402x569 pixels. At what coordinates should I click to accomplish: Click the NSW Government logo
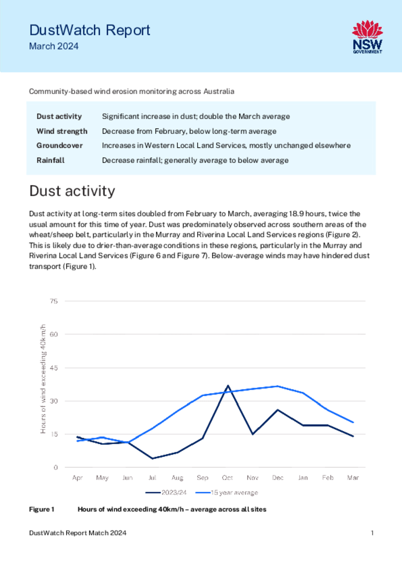[x=368, y=37]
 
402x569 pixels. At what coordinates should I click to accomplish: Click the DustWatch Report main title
[x=89, y=30]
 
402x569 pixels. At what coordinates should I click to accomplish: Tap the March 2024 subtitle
[x=54, y=46]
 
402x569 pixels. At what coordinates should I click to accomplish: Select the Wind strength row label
[x=62, y=131]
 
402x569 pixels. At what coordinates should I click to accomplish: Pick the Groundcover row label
[x=59, y=146]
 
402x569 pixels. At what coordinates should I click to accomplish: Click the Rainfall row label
[x=51, y=161]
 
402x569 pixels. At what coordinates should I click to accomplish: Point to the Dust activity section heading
[x=72, y=191]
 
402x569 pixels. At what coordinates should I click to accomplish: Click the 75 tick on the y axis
[x=54, y=301]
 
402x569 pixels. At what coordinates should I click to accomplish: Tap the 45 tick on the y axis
[x=54, y=368]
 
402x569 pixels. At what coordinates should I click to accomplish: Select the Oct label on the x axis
[x=227, y=477]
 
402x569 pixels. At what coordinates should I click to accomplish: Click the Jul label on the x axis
[x=152, y=477]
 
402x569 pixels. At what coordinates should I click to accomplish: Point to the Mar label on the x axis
[x=353, y=477]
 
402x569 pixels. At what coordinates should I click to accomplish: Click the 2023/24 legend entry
[x=166, y=492]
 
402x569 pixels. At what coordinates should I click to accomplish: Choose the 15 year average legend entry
[x=227, y=492]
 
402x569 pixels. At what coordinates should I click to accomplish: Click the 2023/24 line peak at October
[x=228, y=386]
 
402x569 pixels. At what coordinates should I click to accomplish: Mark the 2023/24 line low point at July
[x=152, y=458]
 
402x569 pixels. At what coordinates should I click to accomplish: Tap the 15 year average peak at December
[x=278, y=386]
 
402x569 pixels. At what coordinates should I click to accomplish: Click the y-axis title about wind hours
[x=43, y=379]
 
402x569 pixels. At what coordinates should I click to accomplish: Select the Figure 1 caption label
[x=42, y=510]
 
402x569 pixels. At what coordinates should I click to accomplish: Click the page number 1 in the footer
[x=372, y=533]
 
